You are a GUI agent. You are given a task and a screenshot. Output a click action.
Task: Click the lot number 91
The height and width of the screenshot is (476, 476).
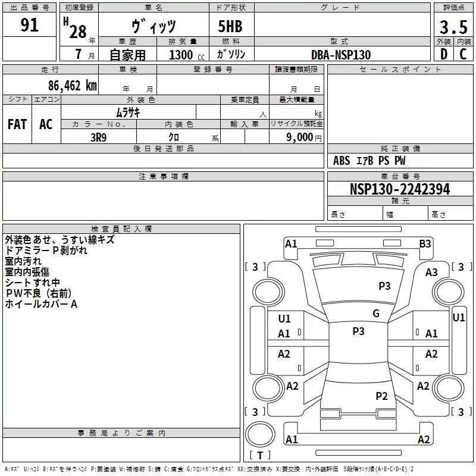[29, 26]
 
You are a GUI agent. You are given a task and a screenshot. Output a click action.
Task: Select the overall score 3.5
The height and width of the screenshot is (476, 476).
[453, 27]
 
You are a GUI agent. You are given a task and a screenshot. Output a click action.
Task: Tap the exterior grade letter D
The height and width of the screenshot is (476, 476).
[443, 54]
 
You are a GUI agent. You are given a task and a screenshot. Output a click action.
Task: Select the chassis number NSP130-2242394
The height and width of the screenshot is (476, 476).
[399, 189]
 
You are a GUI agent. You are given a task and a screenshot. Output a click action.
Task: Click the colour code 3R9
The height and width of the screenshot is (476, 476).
[98, 137]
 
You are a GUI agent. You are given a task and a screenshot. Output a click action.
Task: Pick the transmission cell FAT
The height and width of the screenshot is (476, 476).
[17, 124]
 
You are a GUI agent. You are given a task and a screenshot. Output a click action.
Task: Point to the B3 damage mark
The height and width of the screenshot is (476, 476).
[425, 243]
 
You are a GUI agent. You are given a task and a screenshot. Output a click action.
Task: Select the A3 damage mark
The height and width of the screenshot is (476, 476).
[431, 272]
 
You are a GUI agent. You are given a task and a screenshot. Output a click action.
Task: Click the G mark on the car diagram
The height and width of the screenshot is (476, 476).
[375, 313]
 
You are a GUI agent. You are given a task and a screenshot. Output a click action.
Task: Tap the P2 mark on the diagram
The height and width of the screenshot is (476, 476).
[381, 396]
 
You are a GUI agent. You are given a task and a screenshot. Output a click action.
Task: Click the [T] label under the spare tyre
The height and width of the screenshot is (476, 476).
[260, 456]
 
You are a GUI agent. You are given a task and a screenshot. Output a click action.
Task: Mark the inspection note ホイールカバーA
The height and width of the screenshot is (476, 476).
[41, 303]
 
